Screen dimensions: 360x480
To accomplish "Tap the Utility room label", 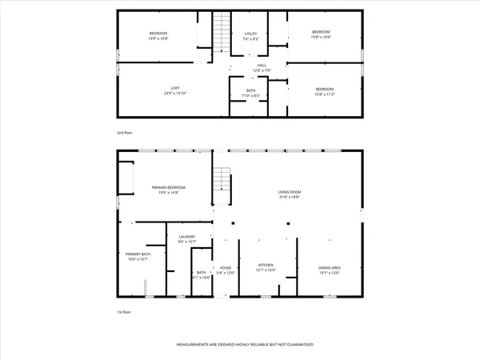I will pyautogui.click(x=250, y=34).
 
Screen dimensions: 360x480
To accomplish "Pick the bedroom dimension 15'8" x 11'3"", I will pyautogui.click(x=324, y=94).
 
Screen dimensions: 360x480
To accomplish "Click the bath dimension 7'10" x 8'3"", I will pyautogui.click(x=251, y=95).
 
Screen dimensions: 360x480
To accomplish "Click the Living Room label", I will pyautogui.click(x=289, y=192).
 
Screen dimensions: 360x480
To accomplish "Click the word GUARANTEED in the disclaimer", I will pyautogui.click(x=297, y=345).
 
